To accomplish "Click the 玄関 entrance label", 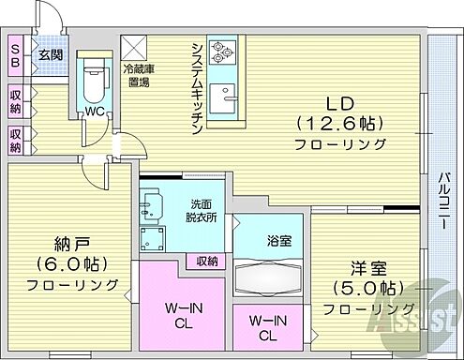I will (49, 53).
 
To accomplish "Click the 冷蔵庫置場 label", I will (141, 76).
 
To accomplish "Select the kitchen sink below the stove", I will (225, 97).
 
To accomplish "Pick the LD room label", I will (340, 101).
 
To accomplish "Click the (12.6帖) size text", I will (340, 123).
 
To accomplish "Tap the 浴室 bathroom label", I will (279, 240).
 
